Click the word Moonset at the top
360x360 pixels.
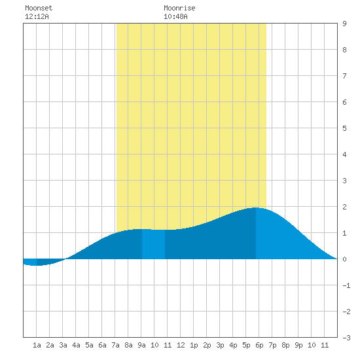pyautogui.click(x=39, y=8)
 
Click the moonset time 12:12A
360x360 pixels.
pyautogui.click(x=37, y=16)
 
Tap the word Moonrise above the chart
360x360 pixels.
pyautogui.click(x=179, y=8)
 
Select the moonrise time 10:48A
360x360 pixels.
pyautogui.click(x=175, y=16)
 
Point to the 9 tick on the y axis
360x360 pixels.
pyautogui.click(x=344, y=24)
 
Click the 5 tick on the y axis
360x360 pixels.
pyautogui.click(x=344, y=128)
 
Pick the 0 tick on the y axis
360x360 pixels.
pyautogui.click(x=344, y=259)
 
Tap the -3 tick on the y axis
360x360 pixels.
pyautogui.click(x=346, y=338)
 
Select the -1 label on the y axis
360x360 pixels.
pyautogui.click(x=346, y=285)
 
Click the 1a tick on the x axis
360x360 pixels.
pyautogui.click(x=37, y=345)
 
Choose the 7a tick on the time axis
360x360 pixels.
pyautogui.click(x=115, y=345)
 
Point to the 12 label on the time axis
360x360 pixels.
pyautogui.click(x=181, y=345)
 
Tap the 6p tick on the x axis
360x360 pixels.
pyautogui.click(x=259, y=345)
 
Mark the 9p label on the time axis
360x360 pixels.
pyautogui.click(x=298, y=345)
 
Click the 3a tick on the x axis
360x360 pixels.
pyautogui.click(x=63, y=345)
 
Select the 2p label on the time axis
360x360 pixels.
pyautogui.click(x=207, y=345)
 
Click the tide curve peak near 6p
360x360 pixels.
pyautogui.click(x=256, y=207)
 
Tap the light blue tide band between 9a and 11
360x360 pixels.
pyautogui.click(x=153, y=244)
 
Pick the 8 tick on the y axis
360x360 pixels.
pyautogui.click(x=344, y=50)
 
